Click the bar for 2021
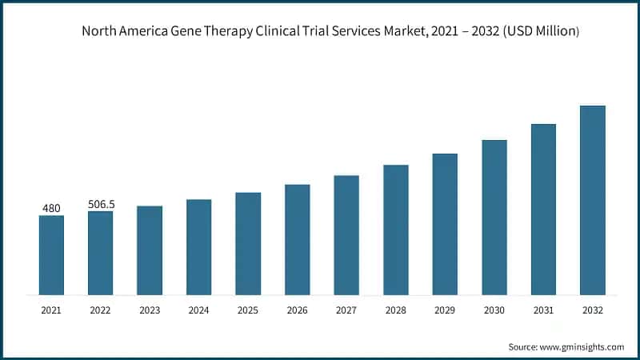[51, 255]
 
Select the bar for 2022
[100, 253]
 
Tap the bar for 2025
[248, 243]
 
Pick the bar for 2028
[396, 230]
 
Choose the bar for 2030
[494, 217]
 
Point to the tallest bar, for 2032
[593, 200]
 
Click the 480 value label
[51, 209]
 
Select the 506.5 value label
[100, 205]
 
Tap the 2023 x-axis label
[150, 310]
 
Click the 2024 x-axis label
[198, 310]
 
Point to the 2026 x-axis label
[297, 310]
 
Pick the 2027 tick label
[346, 310]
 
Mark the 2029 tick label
[445, 310]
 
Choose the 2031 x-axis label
[543, 310]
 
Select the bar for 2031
[543, 209]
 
